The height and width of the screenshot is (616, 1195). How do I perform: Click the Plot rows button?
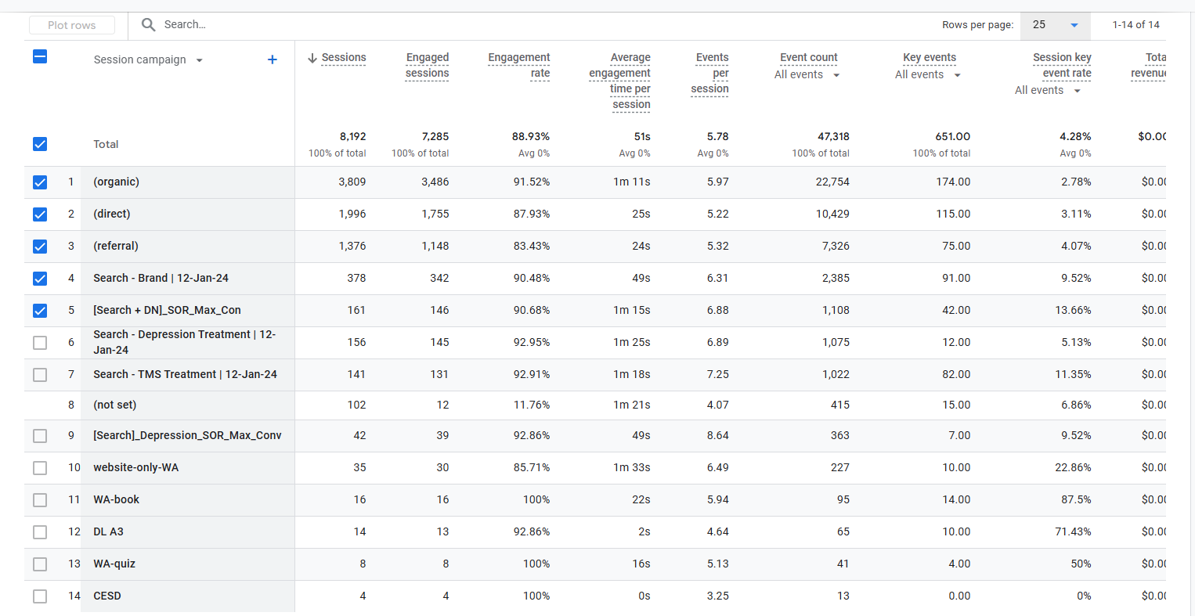(x=72, y=25)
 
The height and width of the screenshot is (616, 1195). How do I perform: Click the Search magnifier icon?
(x=148, y=24)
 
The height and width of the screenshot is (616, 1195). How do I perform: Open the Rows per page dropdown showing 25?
(x=1055, y=25)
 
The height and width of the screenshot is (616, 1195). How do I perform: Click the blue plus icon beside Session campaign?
(x=273, y=59)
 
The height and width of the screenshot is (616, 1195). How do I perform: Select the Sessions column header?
(x=343, y=58)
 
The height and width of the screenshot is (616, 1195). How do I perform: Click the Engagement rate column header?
(x=518, y=65)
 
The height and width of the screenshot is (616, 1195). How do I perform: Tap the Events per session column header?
(x=710, y=73)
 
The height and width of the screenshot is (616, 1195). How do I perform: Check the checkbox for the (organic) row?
(x=40, y=182)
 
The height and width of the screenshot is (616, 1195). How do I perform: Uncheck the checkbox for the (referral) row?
(x=40, y=247)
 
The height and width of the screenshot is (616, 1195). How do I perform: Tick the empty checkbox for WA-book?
(x=40, y=500)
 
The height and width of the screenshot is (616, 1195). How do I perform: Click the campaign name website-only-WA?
(x=135, y=467)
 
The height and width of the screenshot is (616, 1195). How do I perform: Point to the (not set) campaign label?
(x=114, y=405)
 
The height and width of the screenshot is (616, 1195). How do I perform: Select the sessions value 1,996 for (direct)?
(x=352, y=214)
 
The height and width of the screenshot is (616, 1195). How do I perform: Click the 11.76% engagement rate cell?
(x=531, y=405)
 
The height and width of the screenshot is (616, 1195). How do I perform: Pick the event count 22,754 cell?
(x=832, y=182)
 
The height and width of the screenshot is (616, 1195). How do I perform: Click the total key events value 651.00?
(x=952, y=137)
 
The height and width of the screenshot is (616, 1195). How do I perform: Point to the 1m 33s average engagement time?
(x=631, y=467)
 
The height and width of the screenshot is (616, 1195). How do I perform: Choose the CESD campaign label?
(x=107, y=596)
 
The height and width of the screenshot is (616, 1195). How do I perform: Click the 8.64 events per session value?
(x=717, y=435)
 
